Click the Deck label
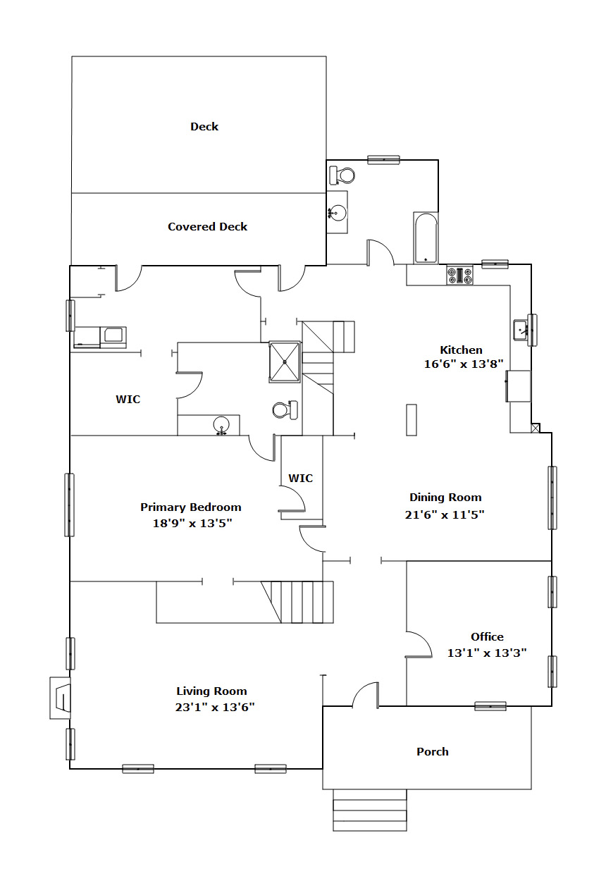pos(204,126)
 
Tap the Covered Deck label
pos(207,226)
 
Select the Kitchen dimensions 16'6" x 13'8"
pos(464,364)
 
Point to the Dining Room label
pos(445,497)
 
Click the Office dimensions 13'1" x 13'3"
pos(487,653)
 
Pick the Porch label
pos(433,751)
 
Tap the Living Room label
pos(211,691)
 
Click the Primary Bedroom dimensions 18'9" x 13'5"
pos(192,523)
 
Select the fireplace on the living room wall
pos(60,698)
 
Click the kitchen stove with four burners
pos(459,275)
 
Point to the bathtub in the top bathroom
pos(426,238)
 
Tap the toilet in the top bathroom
pos(342,175)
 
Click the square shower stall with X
pos(285,362)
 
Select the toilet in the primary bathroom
pos(285,410)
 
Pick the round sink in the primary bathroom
pos(221,426)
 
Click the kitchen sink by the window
pos(521,330)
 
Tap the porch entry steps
pos(370,810)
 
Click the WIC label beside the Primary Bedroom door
pos(300,478)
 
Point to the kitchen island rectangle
pos(412,420)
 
